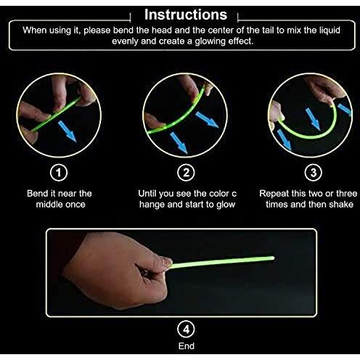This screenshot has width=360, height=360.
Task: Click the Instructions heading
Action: coord(186,15)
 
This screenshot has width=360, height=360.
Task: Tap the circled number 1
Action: coord(59,173)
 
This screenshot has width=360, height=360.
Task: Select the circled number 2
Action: coord(186,173)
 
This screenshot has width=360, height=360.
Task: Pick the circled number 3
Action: coord(313,173)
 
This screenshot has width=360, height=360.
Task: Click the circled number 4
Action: coord(186,329)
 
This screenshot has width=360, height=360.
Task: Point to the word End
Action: coord(187,346)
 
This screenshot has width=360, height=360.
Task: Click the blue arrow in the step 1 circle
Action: coord(67,131)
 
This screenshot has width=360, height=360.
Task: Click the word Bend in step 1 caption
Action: coord(38,194)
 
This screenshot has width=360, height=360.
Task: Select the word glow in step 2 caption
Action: coord(226,205)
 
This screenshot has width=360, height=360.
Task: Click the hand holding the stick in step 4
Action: coord(116,269)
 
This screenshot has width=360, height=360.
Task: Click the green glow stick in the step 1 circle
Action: coord(56,114)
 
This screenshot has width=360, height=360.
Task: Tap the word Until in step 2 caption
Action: coord(146,194)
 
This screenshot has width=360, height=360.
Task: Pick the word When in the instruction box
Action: coord(35,30)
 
